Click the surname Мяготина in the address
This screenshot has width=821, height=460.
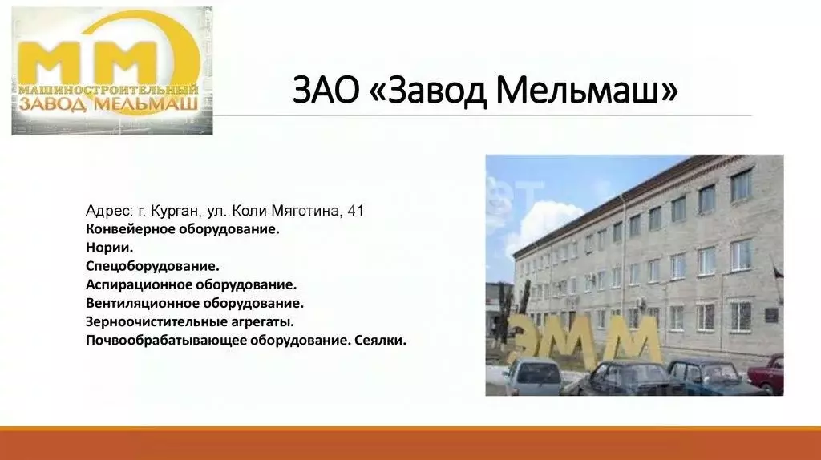coord(305,212)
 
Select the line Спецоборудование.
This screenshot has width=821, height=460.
coord(152,266)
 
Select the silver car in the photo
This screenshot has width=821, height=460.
coord(533,376)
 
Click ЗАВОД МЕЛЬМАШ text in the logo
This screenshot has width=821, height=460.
coord(108,104)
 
